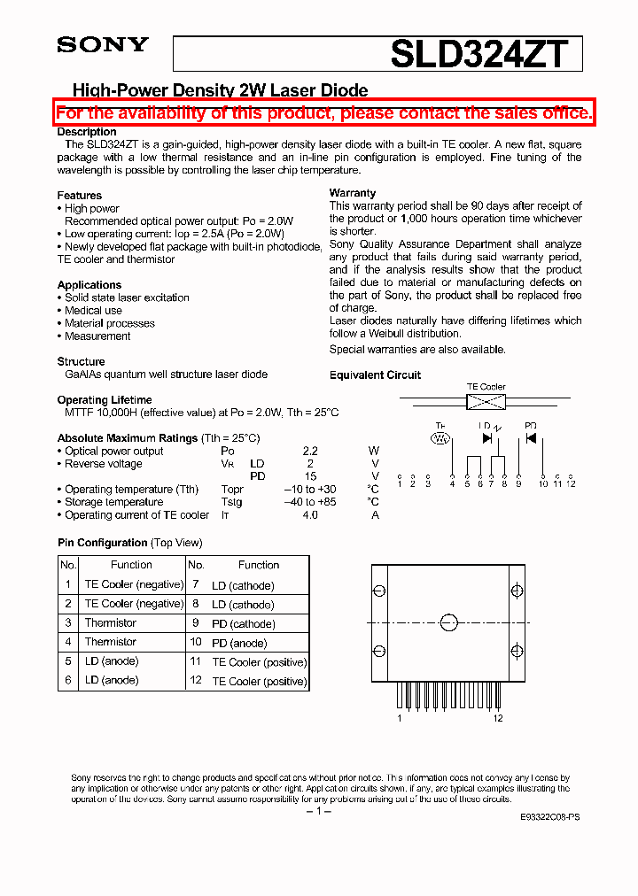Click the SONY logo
[x=103, y=45]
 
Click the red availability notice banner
[x=323, y=113]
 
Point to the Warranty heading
[x=353, y=193]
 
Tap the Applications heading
[x=89, y=285]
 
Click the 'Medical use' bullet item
[x=93, y=311]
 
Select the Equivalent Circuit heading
[x=375, y=375]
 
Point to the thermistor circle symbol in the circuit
[x=440, y=438]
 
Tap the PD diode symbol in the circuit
[x=531, y=438]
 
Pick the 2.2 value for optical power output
[x=310, y=452]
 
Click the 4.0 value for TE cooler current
[x=310, y=515]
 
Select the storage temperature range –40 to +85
[x=310, y=502]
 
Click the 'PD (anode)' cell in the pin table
[x=239, y=644]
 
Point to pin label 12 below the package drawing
[x=499, y=718]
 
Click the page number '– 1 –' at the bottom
[x=318, y=812]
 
